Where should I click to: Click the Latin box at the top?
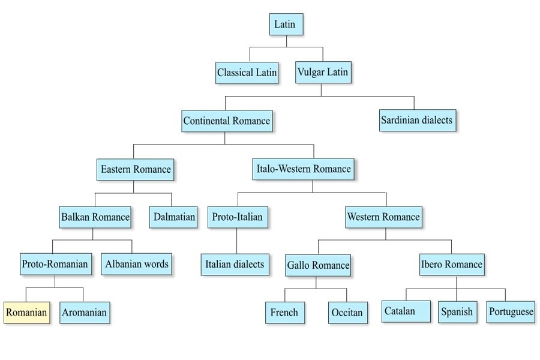(x=286, y=25)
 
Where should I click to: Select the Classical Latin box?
(x=247, y=73)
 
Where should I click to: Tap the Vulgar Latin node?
(x=323, y=72)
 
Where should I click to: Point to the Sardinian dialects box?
(x=416, y=120)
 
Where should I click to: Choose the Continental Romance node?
(x=227, y=121)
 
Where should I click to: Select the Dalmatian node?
(x=173, y=217)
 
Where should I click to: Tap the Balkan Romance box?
(x=95, y=217)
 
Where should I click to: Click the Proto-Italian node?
(x=237, y=217)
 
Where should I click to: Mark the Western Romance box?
(x=383, y=217)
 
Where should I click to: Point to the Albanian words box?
(x=137, y=263)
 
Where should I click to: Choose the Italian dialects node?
(x=235, y=264)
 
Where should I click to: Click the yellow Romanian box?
(x=26, y=312)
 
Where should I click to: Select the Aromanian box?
(x=85, y=312)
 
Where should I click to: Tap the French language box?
(x=284, y=313)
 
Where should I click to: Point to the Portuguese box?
(x=511, y=312)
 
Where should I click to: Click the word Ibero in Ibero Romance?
(x=434, y=264)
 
